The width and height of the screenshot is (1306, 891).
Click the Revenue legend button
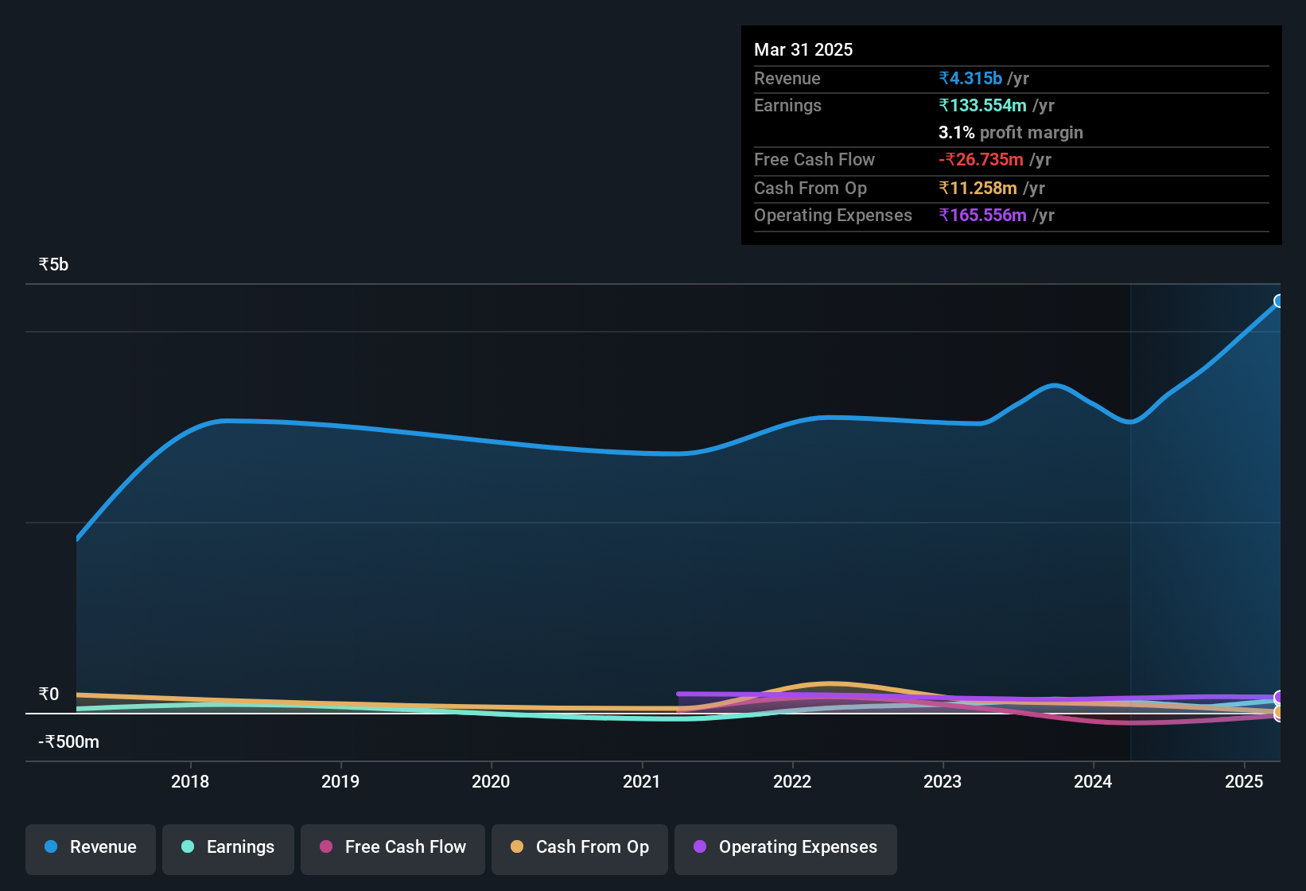[x=91, y=847]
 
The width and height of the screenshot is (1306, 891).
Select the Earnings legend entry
[x=228, y=847]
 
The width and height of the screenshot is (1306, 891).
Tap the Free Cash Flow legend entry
[x=393, y=847]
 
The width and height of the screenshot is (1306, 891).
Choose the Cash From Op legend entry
[x=580, y=847]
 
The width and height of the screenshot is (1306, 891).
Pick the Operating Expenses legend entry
[x=786, y=847]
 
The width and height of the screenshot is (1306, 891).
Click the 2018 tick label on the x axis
[x=190, y=781]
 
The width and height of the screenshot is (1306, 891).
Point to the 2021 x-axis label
[x=641, y=781]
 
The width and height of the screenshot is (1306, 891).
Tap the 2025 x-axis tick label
[x=1244, y=781]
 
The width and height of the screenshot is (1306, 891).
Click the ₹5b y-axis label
[x=53, y=265]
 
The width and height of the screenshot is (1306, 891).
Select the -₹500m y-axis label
[x=69, y=742]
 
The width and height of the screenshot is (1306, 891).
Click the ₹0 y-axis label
[x=49, y=695]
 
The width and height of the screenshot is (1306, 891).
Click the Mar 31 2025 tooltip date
[x=803, y=50]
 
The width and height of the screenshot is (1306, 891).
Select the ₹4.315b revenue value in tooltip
[x=970, y=79]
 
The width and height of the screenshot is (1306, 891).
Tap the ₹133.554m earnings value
[x=982, y=106]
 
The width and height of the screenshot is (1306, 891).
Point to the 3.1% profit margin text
[x=1010, y=133]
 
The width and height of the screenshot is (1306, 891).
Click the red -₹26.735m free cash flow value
[x=981, y=160]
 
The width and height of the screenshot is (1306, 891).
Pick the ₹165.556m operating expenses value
[x=982, y=216]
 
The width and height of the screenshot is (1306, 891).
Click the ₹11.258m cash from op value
[x=978, y=189]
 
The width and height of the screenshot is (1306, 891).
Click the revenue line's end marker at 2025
[x=1279, y=301]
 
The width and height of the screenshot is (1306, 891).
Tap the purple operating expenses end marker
[x=1279, y=697]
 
